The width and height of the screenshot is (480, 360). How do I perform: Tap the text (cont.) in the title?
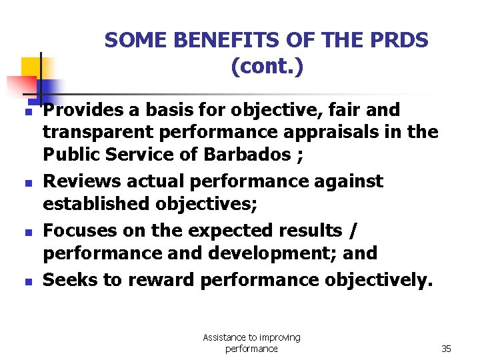[267, 67]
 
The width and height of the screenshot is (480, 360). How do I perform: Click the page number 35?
[446, 349]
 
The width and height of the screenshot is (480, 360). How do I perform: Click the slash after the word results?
[353, 231]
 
